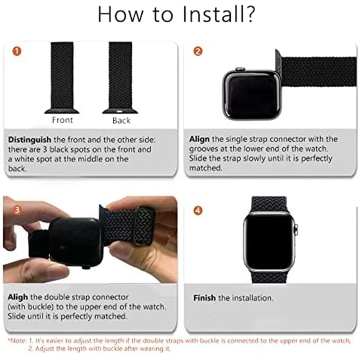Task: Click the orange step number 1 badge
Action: pos(15,51)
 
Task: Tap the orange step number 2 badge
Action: pos(197,51)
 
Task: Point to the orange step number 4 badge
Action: pos(197,211)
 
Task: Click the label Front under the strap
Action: pos(62,120)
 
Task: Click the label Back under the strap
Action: pos(121,120)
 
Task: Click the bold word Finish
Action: pos(204,298)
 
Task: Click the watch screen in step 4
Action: pos(270,240)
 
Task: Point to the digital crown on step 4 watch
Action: pos(296,228)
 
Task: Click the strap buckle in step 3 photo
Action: pos(143,225)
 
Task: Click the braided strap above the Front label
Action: pos(62,72)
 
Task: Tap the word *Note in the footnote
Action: pos(15,340)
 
